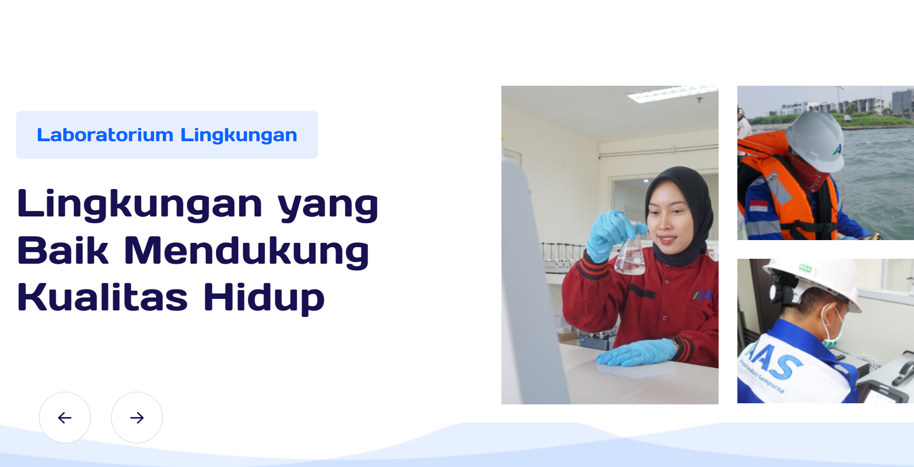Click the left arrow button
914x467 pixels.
65,418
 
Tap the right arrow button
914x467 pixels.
137,418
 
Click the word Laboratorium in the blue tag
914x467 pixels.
105,135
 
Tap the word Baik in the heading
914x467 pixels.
63,250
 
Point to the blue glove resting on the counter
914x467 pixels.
636,353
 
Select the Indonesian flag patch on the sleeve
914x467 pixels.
758,206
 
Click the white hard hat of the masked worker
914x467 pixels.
814,281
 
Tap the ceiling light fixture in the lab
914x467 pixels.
673,93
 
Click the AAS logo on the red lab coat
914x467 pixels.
703,295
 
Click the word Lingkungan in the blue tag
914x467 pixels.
239,135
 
